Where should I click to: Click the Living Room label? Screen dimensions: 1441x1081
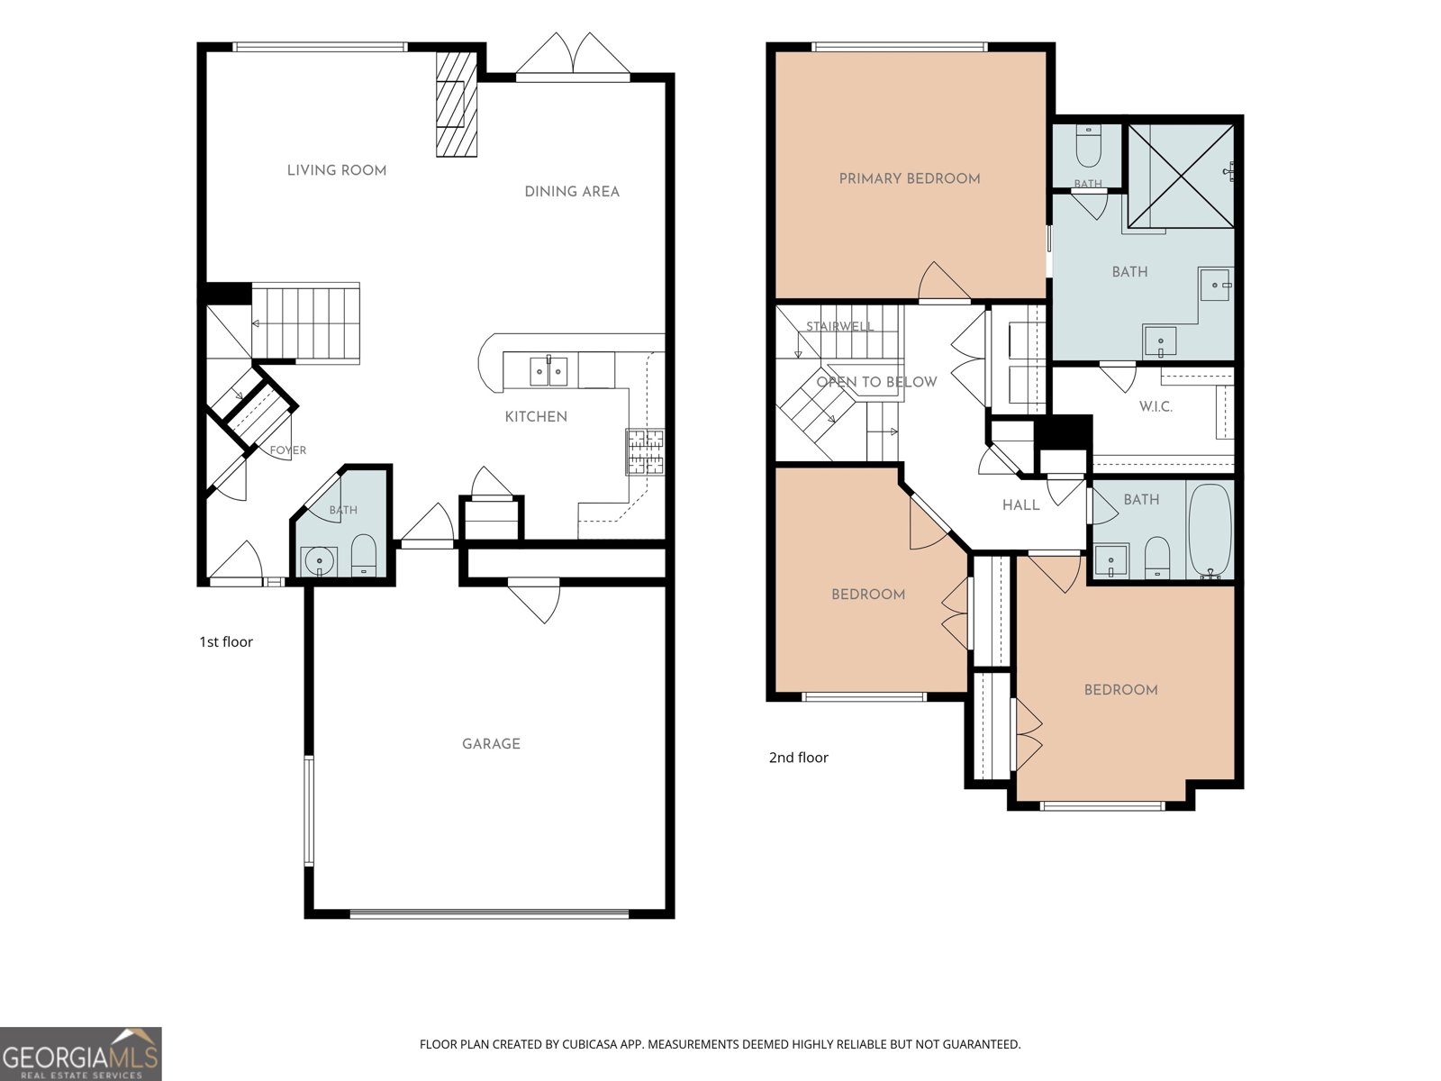[337, 170]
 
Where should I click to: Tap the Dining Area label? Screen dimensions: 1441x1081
[572, 192]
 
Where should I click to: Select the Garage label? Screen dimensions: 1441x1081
[491, 744]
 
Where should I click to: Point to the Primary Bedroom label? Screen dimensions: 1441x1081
[910, 178]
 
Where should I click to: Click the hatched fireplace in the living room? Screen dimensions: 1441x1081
[457, 104]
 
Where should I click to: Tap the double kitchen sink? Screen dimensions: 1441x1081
[548, 371]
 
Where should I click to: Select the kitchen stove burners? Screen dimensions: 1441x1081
[645, 451]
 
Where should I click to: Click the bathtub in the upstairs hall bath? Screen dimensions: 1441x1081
[1210, 531]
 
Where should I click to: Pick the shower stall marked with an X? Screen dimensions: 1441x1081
[1181, 176]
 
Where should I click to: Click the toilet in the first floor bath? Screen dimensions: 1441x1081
[363, 555]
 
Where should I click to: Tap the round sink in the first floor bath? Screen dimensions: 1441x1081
[320, 561]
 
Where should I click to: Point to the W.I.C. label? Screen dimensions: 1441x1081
[1156, 407]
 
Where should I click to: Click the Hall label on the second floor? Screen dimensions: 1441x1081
[1020, 504]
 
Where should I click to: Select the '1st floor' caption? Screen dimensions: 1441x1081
[226, 642]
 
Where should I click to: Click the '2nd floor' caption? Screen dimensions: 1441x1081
[798, 758]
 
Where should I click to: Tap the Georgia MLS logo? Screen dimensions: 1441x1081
[81, 1053]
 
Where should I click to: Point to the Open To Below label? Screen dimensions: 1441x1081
[876, 382]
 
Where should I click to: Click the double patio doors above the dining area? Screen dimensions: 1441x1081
[573, 56]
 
